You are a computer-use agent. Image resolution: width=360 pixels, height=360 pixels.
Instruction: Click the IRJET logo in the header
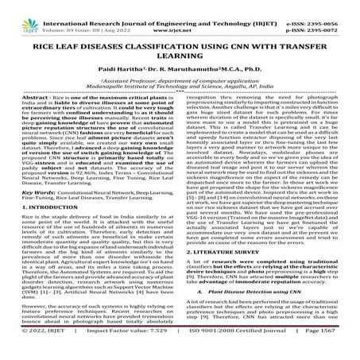[17, 11]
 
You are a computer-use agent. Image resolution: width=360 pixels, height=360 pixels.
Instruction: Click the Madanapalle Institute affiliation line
[180, 92]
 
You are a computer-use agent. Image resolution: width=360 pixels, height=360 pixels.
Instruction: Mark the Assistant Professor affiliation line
[180, 83]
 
